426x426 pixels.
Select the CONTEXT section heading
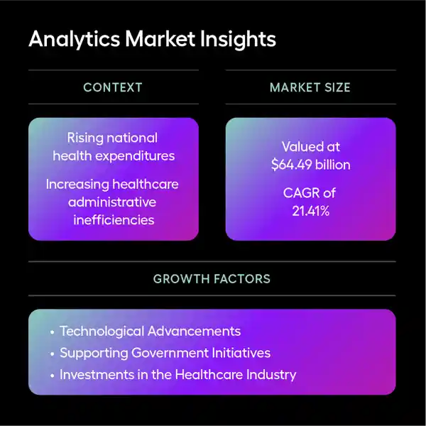point(113,88)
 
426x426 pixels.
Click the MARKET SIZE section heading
point(310,88)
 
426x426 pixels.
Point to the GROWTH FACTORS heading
point(212,279)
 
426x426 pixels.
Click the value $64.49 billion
point(311,165)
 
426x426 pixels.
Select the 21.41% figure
point(311,211)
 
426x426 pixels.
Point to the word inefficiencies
point(114,220)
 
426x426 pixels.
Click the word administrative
point(114,202)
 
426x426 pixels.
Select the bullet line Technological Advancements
point(150,332)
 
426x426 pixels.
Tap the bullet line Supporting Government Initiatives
point(165,353)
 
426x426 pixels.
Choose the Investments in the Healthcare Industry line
point(177,374)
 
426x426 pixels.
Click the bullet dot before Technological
point(52,332)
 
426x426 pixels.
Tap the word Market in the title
point(155,39)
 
